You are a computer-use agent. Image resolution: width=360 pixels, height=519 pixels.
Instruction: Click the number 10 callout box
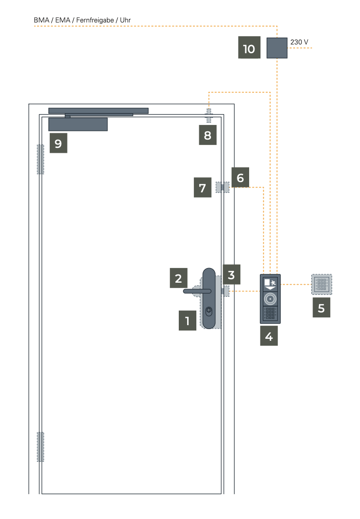(x=249, y=47)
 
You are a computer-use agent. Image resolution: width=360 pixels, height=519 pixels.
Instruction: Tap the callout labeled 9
(x=58, y=143)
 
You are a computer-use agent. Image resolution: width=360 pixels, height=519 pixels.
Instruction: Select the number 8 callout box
(x=208, y=135)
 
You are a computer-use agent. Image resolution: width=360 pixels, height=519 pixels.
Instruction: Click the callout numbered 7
(x=203, y=187)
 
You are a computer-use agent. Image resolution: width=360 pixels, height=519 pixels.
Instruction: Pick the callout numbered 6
(x=240, y=177)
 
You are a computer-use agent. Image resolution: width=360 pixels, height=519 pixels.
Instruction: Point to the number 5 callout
(x=321, y=308)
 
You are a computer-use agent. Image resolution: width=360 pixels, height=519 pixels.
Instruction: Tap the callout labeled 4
(x=269, y=335)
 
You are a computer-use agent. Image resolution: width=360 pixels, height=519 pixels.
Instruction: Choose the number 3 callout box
(x=232, y=274)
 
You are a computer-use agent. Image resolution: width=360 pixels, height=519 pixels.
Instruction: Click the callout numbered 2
(x=178, y=278)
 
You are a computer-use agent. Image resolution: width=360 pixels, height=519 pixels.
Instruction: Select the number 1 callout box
(x=188, y=320)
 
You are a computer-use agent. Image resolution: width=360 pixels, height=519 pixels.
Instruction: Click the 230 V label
(x=299, y=42)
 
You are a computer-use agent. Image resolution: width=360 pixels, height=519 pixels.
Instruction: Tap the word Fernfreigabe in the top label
(x=95, y=20)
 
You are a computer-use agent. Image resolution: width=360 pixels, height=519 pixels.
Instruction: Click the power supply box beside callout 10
(x=277, y=48)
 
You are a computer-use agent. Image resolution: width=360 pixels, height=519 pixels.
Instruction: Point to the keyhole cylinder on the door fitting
(x=209, y=311)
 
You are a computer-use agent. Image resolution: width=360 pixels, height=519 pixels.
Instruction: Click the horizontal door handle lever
(x=197, y=291)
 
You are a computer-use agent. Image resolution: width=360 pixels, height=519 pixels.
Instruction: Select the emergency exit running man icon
(x=273, y=283)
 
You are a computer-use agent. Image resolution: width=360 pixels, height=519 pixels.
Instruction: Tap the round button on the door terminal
(x=270, y=299)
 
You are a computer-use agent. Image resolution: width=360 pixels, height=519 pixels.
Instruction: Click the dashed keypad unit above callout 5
(x=321, y=284)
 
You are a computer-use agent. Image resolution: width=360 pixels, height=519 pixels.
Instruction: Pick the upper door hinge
(x=41, y=159)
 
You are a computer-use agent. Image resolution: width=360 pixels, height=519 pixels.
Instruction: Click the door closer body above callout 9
(x=78, y=125)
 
